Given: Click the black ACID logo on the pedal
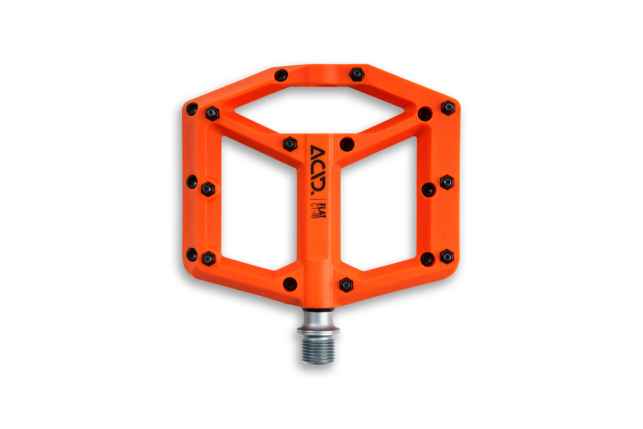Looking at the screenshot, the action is coord(318,170).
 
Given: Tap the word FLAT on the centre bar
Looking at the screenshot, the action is coord(323,211).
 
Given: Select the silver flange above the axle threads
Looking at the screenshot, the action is coord(318,331).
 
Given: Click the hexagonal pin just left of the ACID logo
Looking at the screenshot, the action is coord(290,144).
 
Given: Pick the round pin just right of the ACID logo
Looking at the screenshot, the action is coord(347,144).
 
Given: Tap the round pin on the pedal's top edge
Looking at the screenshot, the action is coord(281,75).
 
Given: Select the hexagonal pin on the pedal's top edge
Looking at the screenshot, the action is coord(357,74).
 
